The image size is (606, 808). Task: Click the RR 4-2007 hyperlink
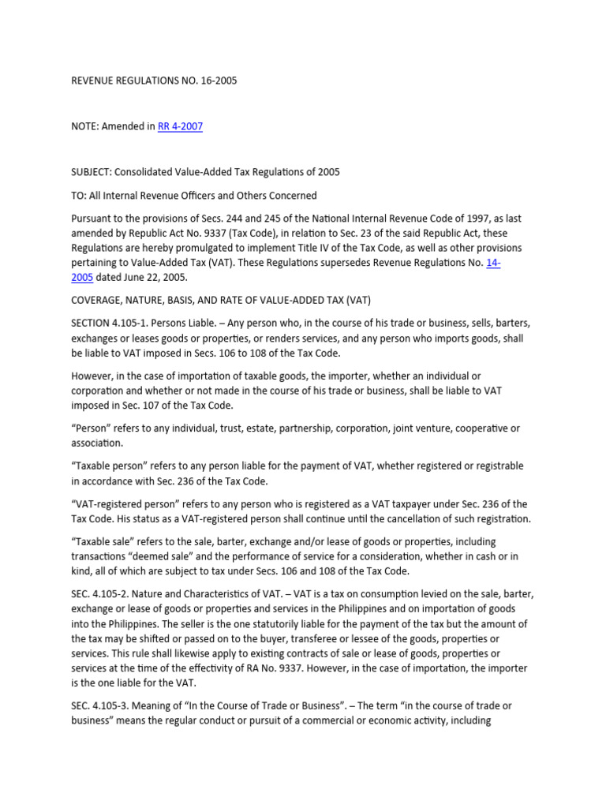tap(180, 126)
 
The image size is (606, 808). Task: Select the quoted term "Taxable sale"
tap(103, 541)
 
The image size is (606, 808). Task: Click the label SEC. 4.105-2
tap(103, 594)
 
